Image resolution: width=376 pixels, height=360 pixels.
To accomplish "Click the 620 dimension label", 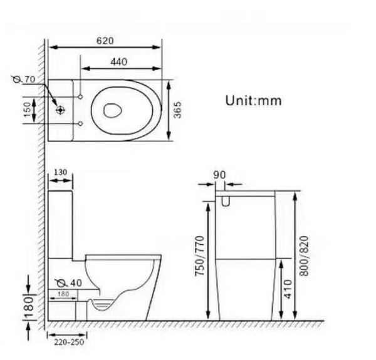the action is [105, 41].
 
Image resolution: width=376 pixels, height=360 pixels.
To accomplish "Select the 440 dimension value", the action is [118, 62].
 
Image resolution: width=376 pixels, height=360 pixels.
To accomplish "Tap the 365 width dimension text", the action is [177, 110].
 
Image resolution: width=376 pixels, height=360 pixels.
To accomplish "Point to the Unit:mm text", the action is [253, 101].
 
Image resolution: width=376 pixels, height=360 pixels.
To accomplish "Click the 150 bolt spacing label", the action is [28, 110].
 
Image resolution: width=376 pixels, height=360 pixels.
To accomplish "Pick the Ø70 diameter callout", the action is [24, 79].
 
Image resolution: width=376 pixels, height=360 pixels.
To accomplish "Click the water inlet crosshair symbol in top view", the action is [60, 110].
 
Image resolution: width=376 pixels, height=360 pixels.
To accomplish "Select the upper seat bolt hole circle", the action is [81, 97].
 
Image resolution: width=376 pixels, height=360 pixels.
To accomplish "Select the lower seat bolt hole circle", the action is [81, 123].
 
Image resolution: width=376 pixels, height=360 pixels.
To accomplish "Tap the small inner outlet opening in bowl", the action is [112, 111].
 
